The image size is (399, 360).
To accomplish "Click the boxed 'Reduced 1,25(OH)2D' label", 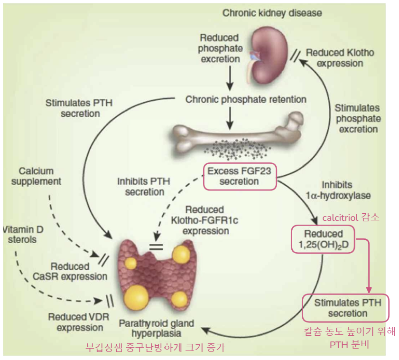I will [323, 240].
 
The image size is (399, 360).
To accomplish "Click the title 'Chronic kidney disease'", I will [272, 13].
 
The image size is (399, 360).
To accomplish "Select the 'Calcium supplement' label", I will [40, 176].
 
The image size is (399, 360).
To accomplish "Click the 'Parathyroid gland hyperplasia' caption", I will [157, 328].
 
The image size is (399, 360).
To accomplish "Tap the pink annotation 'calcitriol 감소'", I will [351, 218].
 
